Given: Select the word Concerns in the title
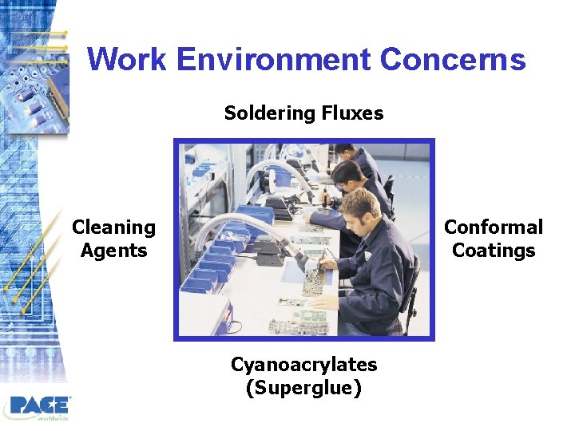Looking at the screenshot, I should click(453, 60).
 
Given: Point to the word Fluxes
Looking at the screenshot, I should click(352, 113).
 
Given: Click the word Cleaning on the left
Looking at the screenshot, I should click(113, 227).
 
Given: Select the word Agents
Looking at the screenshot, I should click(113, 251).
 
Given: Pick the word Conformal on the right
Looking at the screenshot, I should click(493, 227).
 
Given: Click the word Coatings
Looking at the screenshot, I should click(493, 251).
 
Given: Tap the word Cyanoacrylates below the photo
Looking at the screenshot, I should click(303, 365).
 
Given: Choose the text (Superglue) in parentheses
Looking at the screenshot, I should click(303, 389).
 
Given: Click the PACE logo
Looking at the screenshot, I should click(40, 405).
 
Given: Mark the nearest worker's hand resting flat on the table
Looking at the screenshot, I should click(321, 302).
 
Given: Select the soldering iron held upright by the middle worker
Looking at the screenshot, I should click(324, 196).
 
